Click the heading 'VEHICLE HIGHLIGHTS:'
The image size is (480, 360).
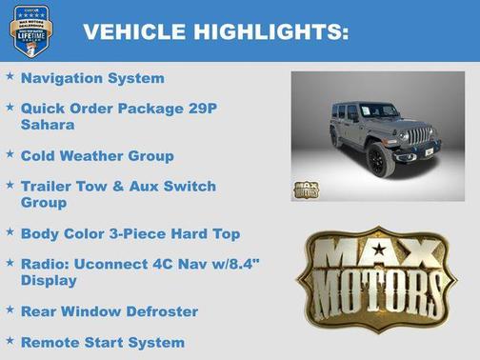point(215,31)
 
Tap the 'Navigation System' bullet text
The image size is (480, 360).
point(92,78)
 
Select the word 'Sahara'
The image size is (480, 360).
point(49,124)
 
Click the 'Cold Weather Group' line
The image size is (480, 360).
point(97,155)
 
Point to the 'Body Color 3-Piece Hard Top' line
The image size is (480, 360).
point(130,233)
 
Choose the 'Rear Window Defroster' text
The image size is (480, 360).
point(110,311)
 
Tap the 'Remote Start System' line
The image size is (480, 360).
point(103,342)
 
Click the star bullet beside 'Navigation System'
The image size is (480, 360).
point(10,76)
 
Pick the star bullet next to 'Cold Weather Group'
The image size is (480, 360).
point(10,153)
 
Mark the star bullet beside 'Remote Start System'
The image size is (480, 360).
point(10,340)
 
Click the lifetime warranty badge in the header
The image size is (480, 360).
point(30,30)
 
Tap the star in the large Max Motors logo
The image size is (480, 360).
point(380,250)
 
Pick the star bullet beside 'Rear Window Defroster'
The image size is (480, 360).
point(10,310)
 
